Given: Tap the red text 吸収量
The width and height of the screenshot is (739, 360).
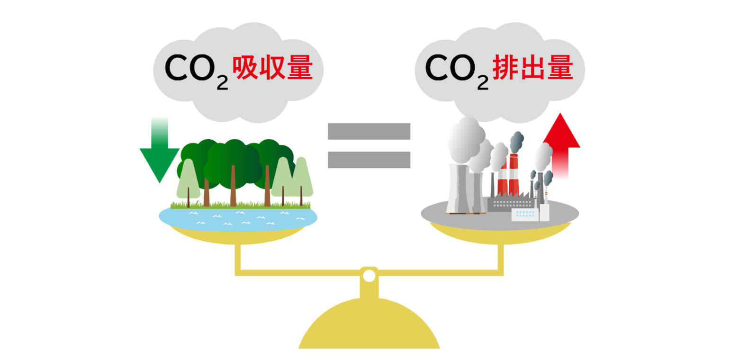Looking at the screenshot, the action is (272, 68).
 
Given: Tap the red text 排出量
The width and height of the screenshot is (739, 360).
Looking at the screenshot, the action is (532, 68).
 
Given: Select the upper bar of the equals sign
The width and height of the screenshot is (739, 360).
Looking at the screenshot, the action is (369, 131).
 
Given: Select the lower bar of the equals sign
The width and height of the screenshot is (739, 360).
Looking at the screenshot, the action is (369, 160).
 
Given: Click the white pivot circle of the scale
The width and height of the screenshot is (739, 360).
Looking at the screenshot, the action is (369, 276).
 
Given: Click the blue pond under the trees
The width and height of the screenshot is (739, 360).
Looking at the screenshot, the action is (238, 218).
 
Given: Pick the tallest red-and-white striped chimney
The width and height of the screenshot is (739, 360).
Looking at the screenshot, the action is (514, 174).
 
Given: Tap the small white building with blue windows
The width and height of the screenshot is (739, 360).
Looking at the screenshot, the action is (525, 215).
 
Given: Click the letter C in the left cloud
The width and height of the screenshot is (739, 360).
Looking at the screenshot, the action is (177, 68).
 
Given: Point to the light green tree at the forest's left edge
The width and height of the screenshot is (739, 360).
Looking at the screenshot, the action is (188, 180).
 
